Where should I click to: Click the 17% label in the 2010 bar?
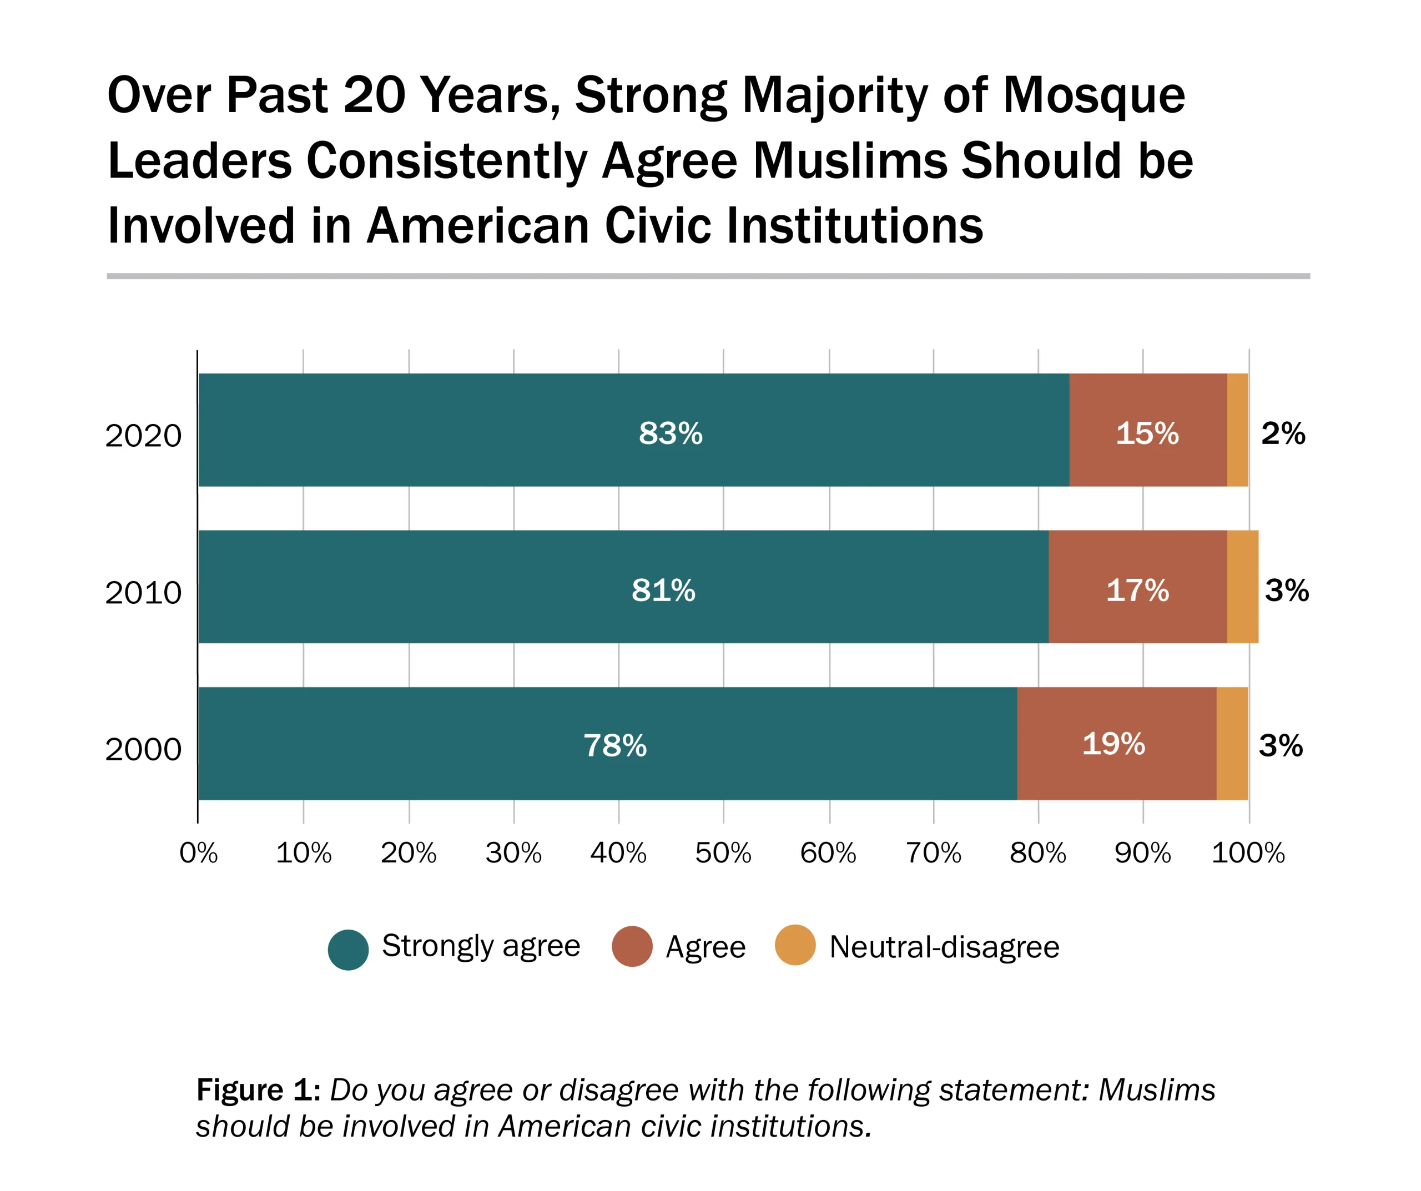point(1137,591)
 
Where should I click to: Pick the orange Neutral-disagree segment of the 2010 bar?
point(1242,587)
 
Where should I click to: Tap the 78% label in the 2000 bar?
point(615,746)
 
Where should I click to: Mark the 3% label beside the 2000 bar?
point(1280,746)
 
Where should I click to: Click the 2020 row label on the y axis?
point(143,436)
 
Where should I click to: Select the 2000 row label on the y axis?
point(143,750)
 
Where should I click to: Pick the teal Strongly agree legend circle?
point(348,950)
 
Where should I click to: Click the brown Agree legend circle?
point(632,947)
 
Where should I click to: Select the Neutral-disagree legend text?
point(944,947)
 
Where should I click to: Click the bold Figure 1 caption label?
point(257,1090)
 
